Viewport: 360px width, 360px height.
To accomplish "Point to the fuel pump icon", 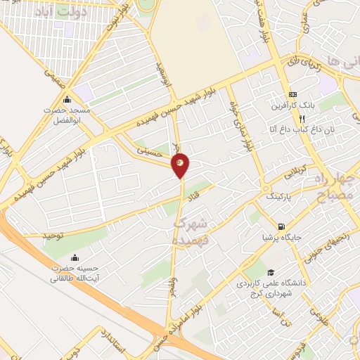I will [282, 226].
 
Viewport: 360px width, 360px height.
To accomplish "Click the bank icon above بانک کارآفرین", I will [292, 95].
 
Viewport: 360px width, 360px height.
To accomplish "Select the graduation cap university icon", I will [270, 273].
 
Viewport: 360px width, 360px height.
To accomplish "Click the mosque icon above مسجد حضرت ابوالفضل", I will [67, 99].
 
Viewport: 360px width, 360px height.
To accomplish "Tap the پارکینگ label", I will [282, 198].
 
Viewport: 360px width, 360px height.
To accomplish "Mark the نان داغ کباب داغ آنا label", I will [292, 129].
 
